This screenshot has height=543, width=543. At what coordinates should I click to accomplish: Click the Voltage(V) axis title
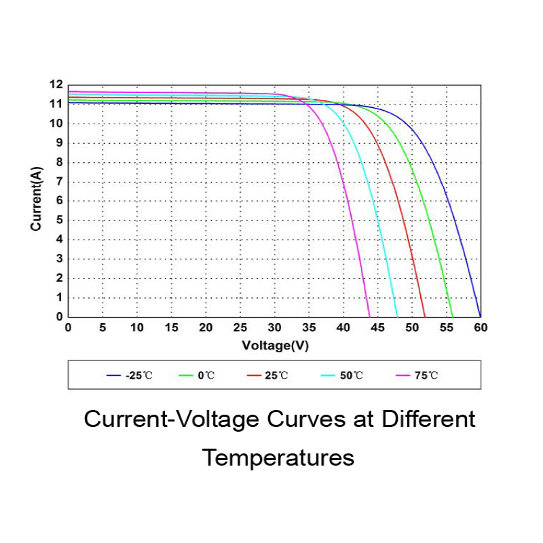275,345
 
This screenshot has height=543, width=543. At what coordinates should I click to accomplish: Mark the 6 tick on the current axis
59,201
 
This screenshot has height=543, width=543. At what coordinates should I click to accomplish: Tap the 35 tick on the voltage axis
309,328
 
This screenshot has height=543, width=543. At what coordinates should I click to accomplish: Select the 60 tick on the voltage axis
481,328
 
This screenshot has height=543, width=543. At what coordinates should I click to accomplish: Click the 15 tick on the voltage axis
172,328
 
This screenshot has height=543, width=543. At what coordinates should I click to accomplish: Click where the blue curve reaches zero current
480,316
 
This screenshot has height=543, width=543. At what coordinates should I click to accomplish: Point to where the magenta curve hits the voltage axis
369,316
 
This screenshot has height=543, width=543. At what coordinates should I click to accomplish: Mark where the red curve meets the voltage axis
425,316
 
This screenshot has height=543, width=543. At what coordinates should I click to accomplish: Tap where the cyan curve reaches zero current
397,316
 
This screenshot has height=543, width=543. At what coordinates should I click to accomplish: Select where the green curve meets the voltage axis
452,316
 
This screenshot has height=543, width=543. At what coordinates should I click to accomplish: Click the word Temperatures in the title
278,457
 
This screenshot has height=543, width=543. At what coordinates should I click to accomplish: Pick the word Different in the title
428,419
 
